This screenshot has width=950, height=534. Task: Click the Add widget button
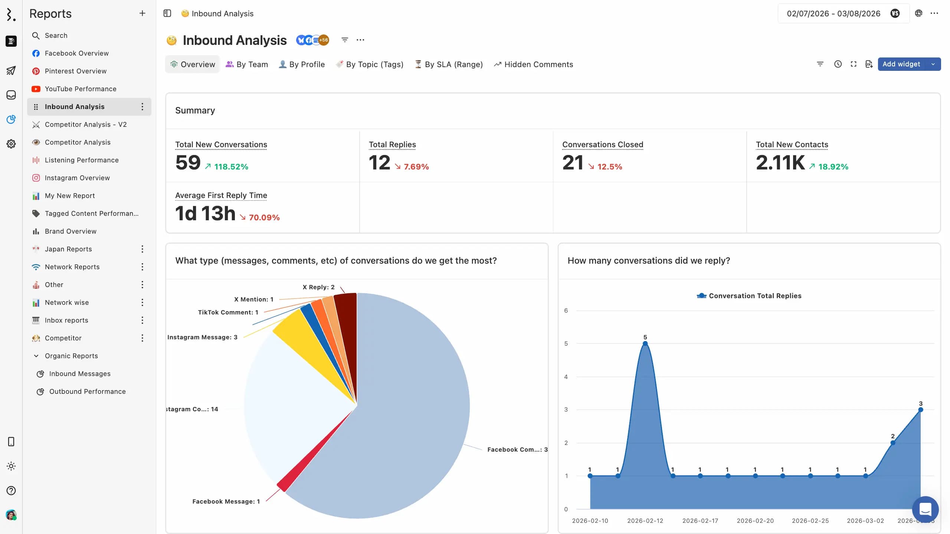pos(901,64)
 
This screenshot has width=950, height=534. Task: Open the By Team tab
pos(247,65)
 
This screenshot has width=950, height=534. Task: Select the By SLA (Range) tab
pos(449,65)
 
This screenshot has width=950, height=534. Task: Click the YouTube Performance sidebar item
pos(81,89)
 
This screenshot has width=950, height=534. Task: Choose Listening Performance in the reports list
pos(82,160)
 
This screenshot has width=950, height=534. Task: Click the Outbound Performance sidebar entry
pos(87,392)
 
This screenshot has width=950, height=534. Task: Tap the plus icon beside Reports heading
pos(142,13)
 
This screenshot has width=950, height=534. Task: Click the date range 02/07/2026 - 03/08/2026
pos(833,14)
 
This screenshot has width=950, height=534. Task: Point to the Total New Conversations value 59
pos(188,163)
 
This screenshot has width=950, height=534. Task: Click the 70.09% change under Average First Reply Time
pos(264,218)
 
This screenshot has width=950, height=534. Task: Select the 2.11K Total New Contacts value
pos(780,163)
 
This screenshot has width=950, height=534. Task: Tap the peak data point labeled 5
pos(645,344)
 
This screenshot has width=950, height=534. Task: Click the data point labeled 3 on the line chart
pos(920,410)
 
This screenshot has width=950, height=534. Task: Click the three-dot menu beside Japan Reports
pos(142,249)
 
